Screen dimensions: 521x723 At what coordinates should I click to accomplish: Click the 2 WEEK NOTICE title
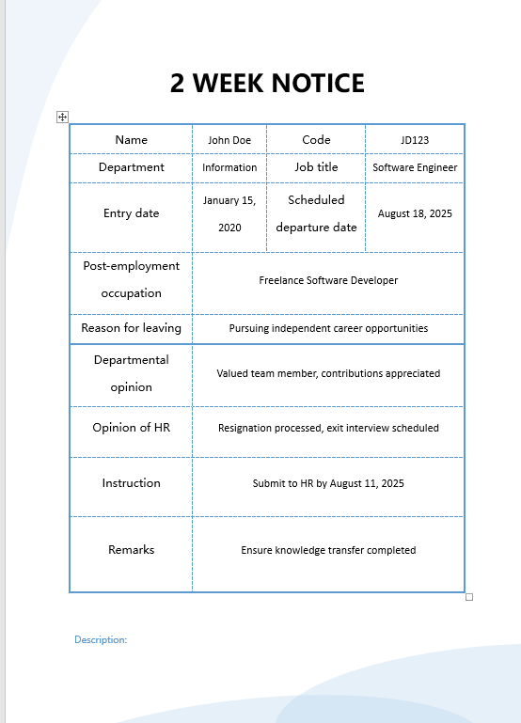pyautogui.click(x=267, y=83)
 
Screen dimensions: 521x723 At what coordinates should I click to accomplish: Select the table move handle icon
pyautogui.click(x=63, y=117)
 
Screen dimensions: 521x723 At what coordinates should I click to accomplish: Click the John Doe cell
pyautogui.click(x=229, y=140)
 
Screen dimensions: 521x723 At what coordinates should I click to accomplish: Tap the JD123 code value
pyautogui.click(x=415, y=140)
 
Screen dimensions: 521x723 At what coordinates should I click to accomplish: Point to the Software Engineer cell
pyautogui.click(x=415, y=167)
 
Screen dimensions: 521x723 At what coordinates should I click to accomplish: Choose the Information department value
pyautogui.click(x=229, y=167)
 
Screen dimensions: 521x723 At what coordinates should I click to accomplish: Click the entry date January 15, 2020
pyautogui.click(x=229, y=213)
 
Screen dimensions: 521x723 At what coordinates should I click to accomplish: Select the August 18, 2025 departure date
pyautogui.click(x=415, y=213)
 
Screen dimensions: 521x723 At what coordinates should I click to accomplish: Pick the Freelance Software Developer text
pyautogui.click(x=328, y=280)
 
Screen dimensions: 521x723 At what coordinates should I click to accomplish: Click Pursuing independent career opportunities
pyautogui.click(x=328, y=328)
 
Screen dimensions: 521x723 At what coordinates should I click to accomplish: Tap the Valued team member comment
pyautogui.click(x=328, y=373)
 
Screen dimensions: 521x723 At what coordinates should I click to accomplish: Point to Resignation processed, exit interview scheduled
pyautogui.click(x=328, y=428)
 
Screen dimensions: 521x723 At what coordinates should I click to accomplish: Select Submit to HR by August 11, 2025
pyautogui.click(x=328, y=483)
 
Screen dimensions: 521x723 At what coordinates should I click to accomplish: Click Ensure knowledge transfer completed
pyautogui.click(x=328, y=550)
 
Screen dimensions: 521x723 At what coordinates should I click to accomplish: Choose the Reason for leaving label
pyautogui.click(x=131, y=328)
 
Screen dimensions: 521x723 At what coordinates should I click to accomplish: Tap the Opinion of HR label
pyautogui.click(x=131, y=428)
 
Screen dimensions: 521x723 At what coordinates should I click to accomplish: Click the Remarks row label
pyautogui.click(x=131, y=550)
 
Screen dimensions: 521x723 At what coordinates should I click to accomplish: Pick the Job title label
pyautogui.click(x=316, y=167)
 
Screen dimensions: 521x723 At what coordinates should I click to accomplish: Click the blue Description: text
pyautogui.click(x=101, y=639)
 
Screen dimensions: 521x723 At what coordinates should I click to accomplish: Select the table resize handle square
pyautogui.click(x=469, y=597)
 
